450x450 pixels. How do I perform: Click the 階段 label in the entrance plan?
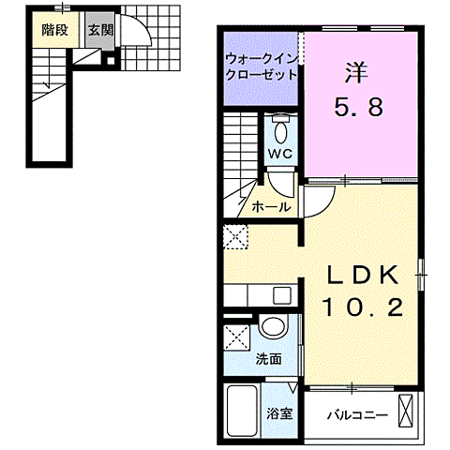(52, 29)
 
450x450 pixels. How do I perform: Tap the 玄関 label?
(98, 29)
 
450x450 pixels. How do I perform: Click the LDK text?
(363, 275)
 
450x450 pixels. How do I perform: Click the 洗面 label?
(268, 359)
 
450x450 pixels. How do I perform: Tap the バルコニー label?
(356, 413)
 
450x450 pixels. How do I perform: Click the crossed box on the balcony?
(407, 411)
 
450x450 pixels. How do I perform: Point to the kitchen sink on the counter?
(280, 294)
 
